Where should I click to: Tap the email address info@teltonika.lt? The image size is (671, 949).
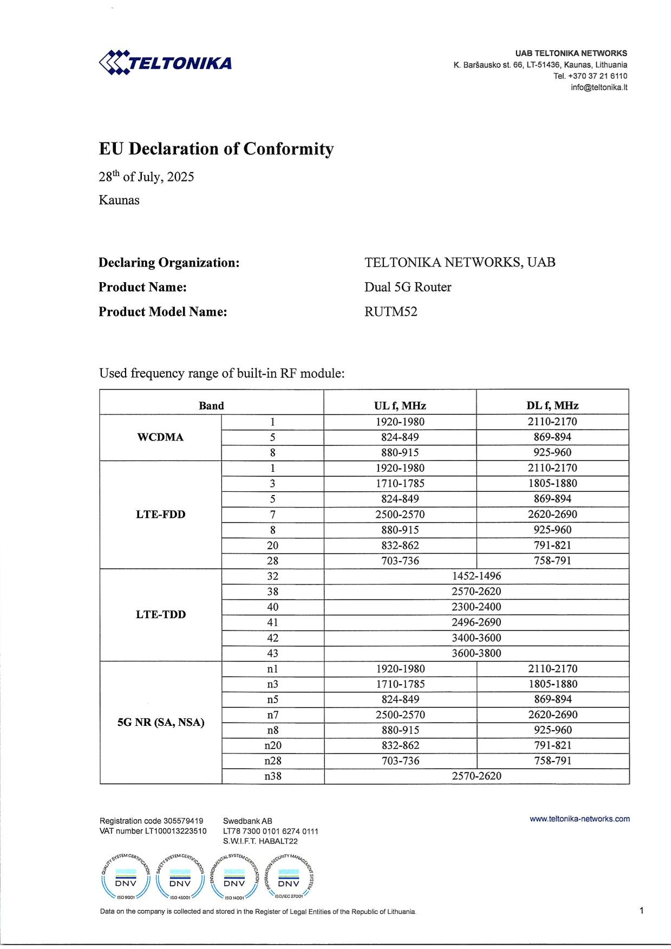598,87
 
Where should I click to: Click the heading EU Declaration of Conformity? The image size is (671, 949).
216,148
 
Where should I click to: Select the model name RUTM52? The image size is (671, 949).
391,311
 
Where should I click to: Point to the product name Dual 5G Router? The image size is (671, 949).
408,287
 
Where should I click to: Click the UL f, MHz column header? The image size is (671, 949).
400,406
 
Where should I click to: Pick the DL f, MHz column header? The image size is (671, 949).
552,406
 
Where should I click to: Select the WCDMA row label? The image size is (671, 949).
161,437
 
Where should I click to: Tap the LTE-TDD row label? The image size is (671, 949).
161,614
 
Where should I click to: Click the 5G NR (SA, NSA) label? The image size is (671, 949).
161,722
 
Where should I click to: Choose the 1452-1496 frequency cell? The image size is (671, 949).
477,576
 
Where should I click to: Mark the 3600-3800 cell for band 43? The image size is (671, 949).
477,653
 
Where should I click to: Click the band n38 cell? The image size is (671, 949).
273,776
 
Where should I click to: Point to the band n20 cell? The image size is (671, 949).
273,745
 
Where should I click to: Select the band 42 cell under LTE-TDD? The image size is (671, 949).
273,638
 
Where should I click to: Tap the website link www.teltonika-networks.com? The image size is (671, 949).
579,819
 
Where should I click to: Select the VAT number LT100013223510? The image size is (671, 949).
153,831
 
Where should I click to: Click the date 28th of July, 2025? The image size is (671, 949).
146,177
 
